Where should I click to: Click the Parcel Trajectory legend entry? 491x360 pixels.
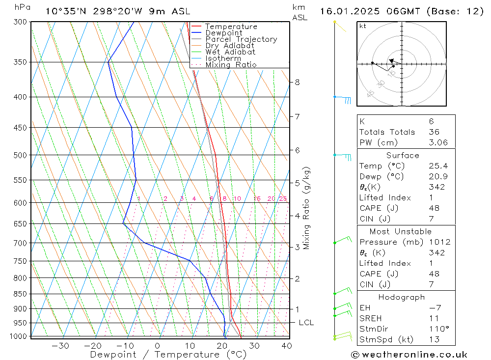point(241,39)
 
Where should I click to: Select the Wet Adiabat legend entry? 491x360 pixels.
point(230,52)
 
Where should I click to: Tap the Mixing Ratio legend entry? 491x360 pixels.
point(231,65)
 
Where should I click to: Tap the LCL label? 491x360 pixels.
point(306,323)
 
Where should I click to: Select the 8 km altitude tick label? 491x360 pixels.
point(297,82)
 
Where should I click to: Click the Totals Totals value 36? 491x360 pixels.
point(434,132)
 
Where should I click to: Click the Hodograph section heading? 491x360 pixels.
point(402,297)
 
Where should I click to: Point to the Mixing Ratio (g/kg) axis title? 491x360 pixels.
point(307,208)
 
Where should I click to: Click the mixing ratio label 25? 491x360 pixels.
point(283,199)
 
